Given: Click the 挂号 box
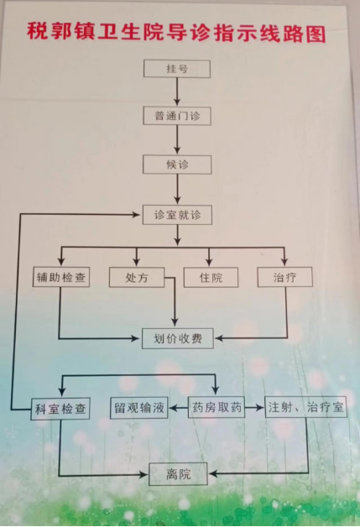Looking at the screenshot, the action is click(177, 69).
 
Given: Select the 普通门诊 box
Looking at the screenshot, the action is click(177, 116).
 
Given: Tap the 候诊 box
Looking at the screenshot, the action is click(177, 164).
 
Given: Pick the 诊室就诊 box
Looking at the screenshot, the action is click(177, 215).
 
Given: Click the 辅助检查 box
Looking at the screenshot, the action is click(61, 277).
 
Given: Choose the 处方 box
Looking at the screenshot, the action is click(137, 277).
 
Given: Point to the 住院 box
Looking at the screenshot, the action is click(211, 277).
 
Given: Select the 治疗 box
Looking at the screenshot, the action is click(284, 277).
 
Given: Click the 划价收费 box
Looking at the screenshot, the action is click(177, 338).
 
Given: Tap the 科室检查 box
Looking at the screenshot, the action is click(60, 409).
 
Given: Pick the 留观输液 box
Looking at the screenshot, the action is click(139, 408).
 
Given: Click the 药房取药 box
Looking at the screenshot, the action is click(217, 407).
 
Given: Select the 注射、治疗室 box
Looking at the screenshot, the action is click(306, 407).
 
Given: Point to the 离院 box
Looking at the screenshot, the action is click(178, 474).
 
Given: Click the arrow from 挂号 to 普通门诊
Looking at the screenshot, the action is click(177, 91).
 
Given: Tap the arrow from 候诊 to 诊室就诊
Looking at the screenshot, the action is click(177, 189).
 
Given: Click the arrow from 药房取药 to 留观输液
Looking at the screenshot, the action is click(178, 408).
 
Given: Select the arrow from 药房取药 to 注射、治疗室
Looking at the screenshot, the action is click(254, 407).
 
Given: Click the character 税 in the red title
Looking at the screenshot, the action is click(37, 31).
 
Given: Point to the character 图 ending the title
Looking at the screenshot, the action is click(316, 34).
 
